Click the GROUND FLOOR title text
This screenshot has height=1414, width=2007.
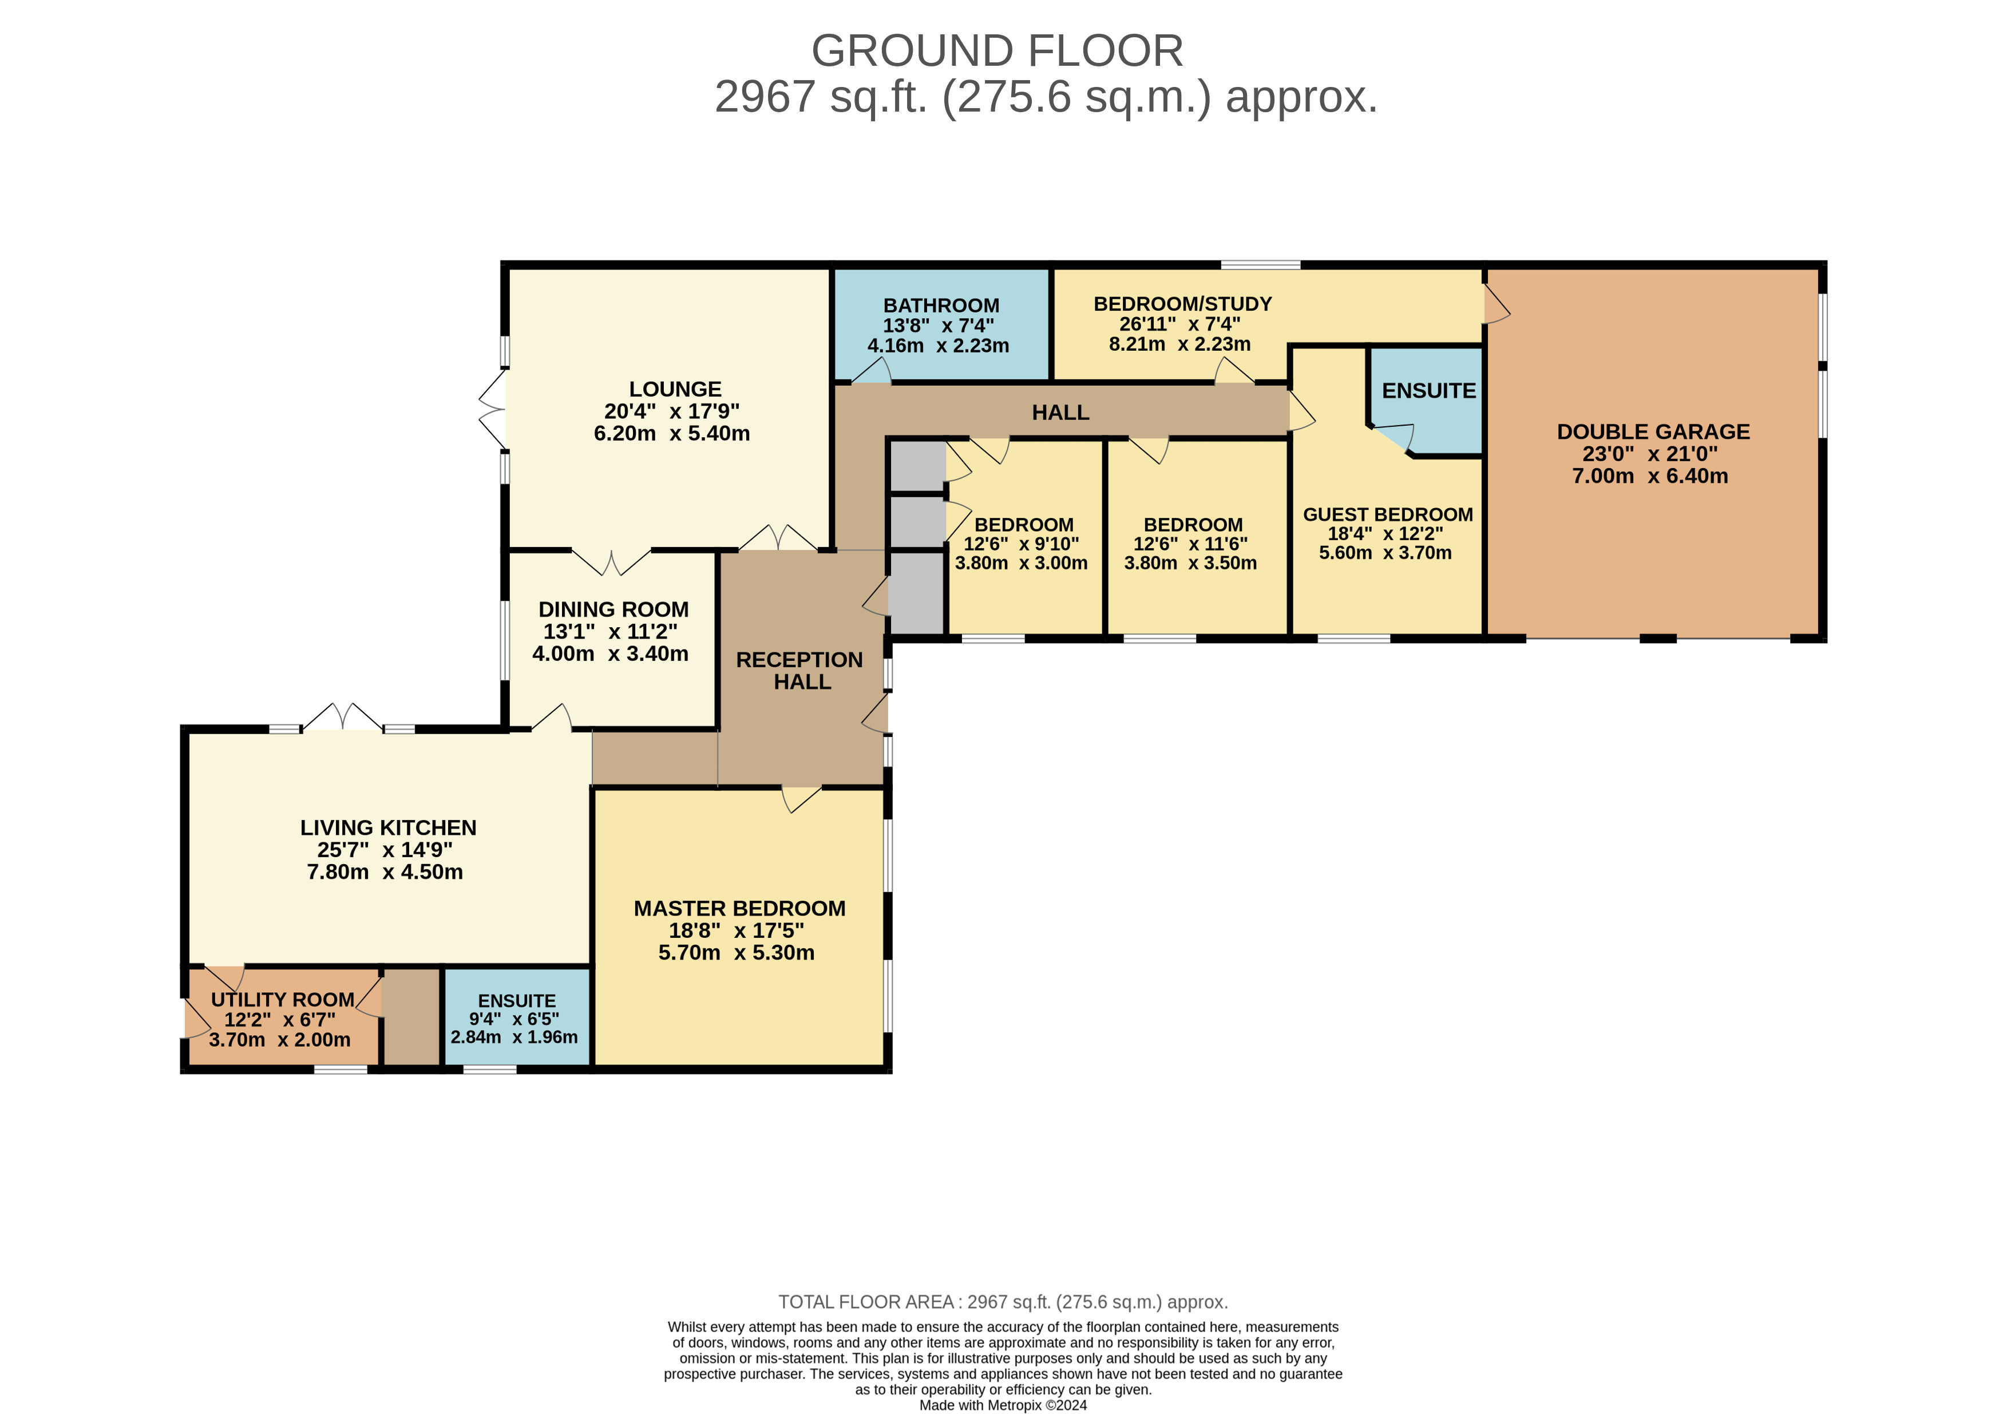coord(997,51)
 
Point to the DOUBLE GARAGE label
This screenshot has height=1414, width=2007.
coord(1653,431)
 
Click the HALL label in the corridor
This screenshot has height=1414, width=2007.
coord(1060,413)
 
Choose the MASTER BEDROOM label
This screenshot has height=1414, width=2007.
coord(739,909)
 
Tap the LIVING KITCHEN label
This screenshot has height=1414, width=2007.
coord(388,827)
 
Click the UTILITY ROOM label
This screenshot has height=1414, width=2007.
coord(282,1000)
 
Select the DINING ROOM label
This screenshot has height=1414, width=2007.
coord(613,609)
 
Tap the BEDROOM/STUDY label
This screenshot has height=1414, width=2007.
coord(1183,304)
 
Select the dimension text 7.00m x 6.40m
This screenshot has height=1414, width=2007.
coord(1650,476)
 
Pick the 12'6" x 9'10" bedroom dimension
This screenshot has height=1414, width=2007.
coord(1021,544)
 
